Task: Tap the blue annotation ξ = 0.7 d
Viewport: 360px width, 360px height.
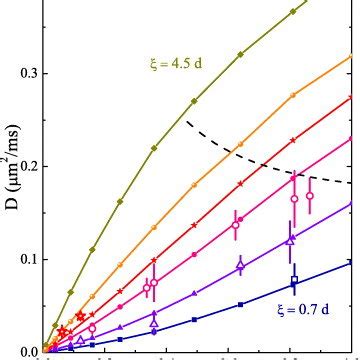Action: click(x=305, y=309)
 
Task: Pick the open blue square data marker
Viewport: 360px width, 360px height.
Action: click(x=294, y=281)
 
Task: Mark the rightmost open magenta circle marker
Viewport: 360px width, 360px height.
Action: click(x=309, y=195)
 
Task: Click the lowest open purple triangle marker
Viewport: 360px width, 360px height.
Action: click(x=80, y=340)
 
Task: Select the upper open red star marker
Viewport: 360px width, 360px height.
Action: click(x=80, y=316)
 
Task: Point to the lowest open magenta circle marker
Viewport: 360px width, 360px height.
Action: click(x=92, y=327)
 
